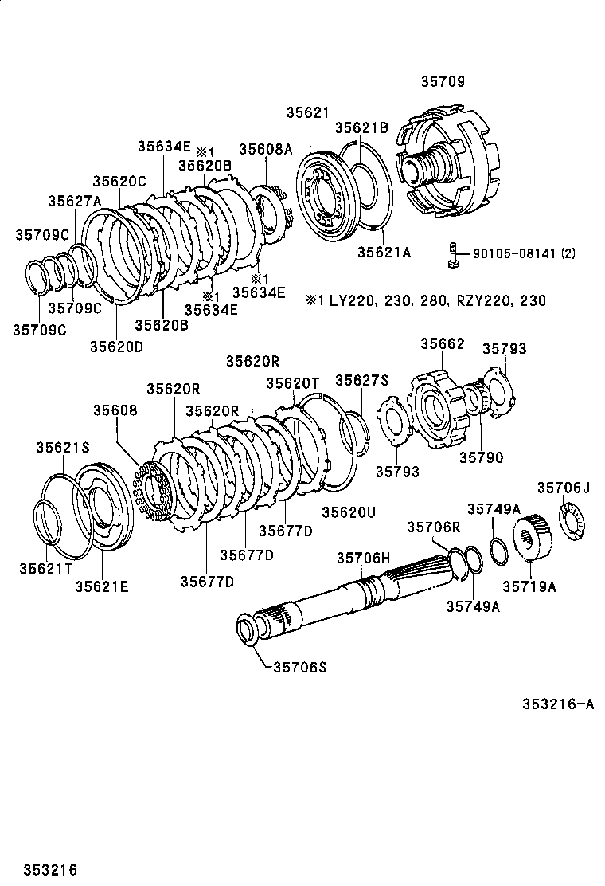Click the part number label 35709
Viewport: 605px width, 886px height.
tap(443, 81)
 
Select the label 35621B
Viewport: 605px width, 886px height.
tap(361, 127)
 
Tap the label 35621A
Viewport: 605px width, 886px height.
tap(383, 252)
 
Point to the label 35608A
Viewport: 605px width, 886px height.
tap(266, 148)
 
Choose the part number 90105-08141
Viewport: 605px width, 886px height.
tap(514, 254)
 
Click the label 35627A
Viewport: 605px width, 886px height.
tap(74, 201)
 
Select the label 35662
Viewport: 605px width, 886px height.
tap(442, 343)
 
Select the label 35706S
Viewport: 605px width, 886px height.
tap(295, 667)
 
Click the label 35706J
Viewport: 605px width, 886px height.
tap(563, 488)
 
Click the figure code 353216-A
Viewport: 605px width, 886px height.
tap(558, 704)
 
